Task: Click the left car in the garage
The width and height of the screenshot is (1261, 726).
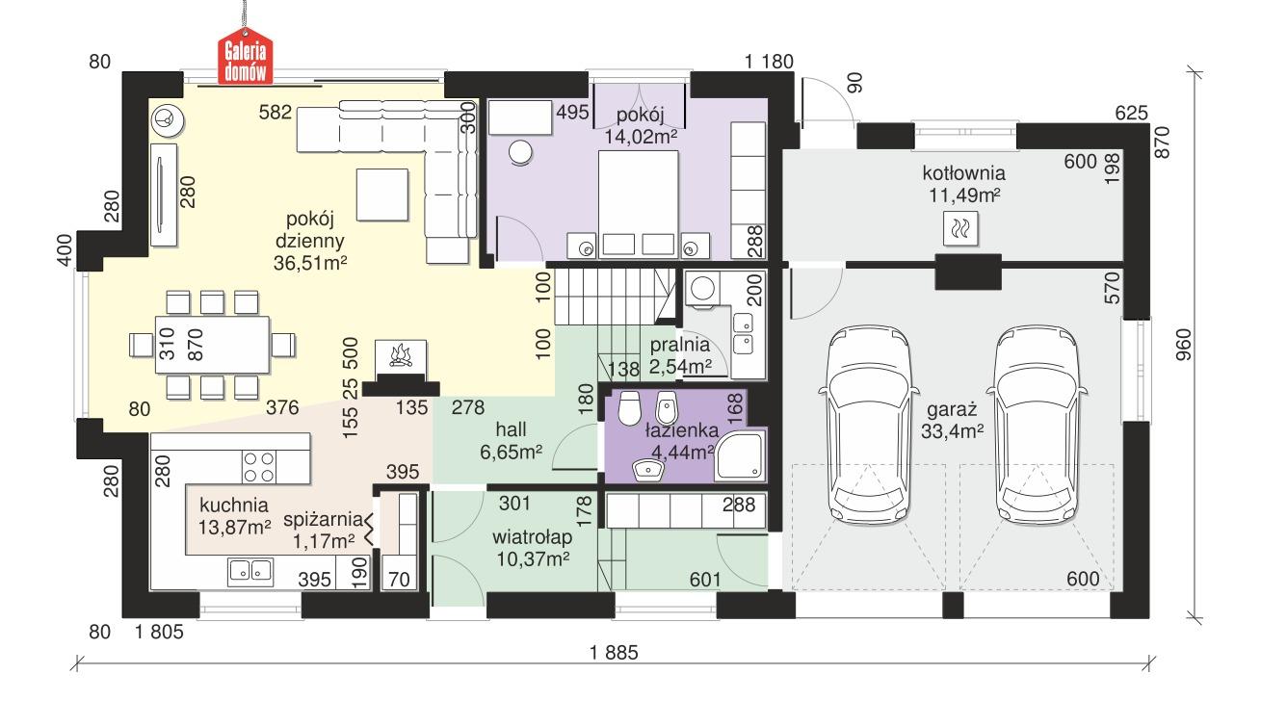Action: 868,420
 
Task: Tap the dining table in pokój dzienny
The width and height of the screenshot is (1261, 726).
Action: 211,343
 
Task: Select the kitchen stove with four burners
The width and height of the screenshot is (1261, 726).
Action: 257,467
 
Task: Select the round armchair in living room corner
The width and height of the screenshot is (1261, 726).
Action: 166,120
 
